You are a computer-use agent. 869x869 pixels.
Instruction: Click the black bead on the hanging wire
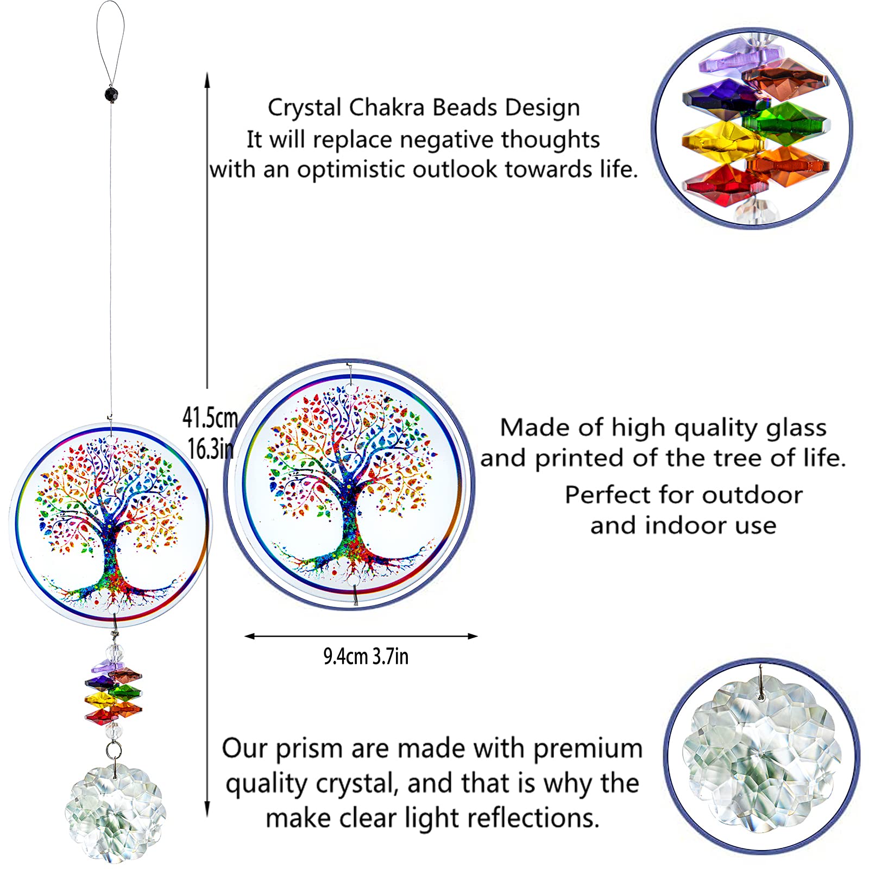[111, 94]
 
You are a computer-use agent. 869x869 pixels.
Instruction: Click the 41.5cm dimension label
[210, 418]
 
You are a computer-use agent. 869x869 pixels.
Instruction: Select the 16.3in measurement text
[211, 449]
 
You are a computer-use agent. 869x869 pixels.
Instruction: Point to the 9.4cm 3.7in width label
[366, 657]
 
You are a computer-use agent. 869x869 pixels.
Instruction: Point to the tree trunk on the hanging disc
[112, 559]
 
